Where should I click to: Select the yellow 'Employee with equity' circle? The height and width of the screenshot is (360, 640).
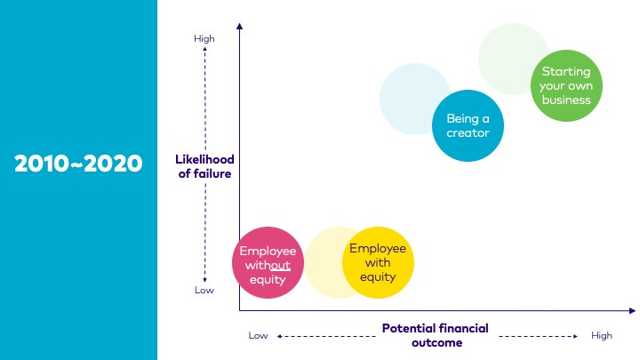click(x=378, y=262)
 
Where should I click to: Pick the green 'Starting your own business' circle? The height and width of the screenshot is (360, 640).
click(x=566, y=85)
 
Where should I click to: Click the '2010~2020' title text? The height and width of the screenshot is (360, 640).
click(x=78, y=164)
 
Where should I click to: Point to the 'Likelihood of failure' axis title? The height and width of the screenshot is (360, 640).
click(x=204, y=166)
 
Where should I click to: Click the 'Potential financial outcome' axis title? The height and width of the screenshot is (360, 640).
click(x=435, y=335)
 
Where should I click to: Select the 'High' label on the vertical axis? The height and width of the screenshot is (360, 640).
click(x=204, y=38)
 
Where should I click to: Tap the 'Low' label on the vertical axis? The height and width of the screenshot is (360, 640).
click(x=204, y=290)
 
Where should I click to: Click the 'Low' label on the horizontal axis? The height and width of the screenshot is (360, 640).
click(x=258, y=335)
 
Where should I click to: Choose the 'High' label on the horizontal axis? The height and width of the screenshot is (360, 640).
click(x=602, y=335)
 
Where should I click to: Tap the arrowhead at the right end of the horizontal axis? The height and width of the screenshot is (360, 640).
click(x=632, y=310)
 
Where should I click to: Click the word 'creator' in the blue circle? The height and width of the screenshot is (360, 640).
click(x=468, y=133)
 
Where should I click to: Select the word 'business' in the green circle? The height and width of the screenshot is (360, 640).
click(x=566, y=100)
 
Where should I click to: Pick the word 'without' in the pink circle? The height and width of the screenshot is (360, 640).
click(x=268, y=265)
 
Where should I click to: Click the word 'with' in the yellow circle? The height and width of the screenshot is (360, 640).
click(x=378, y=262)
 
